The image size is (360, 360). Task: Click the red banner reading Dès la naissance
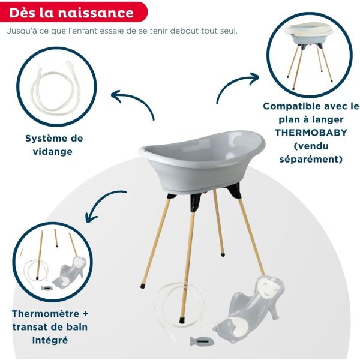(72, 13)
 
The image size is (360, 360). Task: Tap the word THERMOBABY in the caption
(311, 133)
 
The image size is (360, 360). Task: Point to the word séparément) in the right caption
(311, 159)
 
